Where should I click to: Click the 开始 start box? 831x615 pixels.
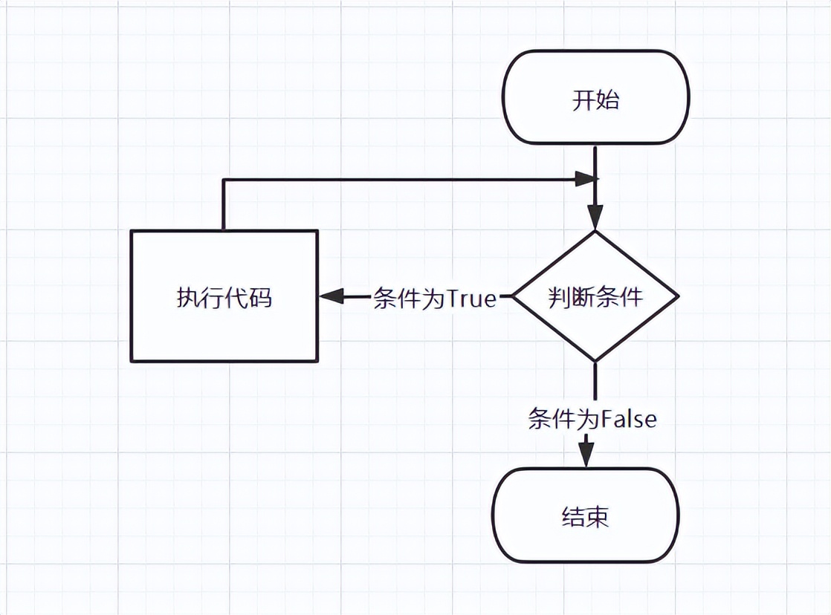[x=595, y=98]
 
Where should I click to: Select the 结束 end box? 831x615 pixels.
[x=586, y=515]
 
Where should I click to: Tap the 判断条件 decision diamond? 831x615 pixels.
[x=595, y=296]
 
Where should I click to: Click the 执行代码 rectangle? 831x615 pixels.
[x=224, y=296]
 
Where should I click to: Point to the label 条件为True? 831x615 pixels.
[x=434, y=299]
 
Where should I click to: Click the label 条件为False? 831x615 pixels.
[x=592, y=419]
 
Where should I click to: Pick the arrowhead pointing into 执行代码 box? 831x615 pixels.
[x=332, y=296]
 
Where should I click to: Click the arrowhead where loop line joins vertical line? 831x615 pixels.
[x=586, y=178]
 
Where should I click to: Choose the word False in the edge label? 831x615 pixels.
[x=629, y=419]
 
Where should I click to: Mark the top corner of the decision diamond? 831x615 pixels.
[x=595, y=232]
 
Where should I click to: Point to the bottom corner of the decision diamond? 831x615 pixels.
[x=595, y=361]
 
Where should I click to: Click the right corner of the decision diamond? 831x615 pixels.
[x=677, y=296]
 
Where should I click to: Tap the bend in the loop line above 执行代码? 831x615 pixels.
[x=223, y=179]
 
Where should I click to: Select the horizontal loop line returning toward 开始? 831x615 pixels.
[x=401, y=179]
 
